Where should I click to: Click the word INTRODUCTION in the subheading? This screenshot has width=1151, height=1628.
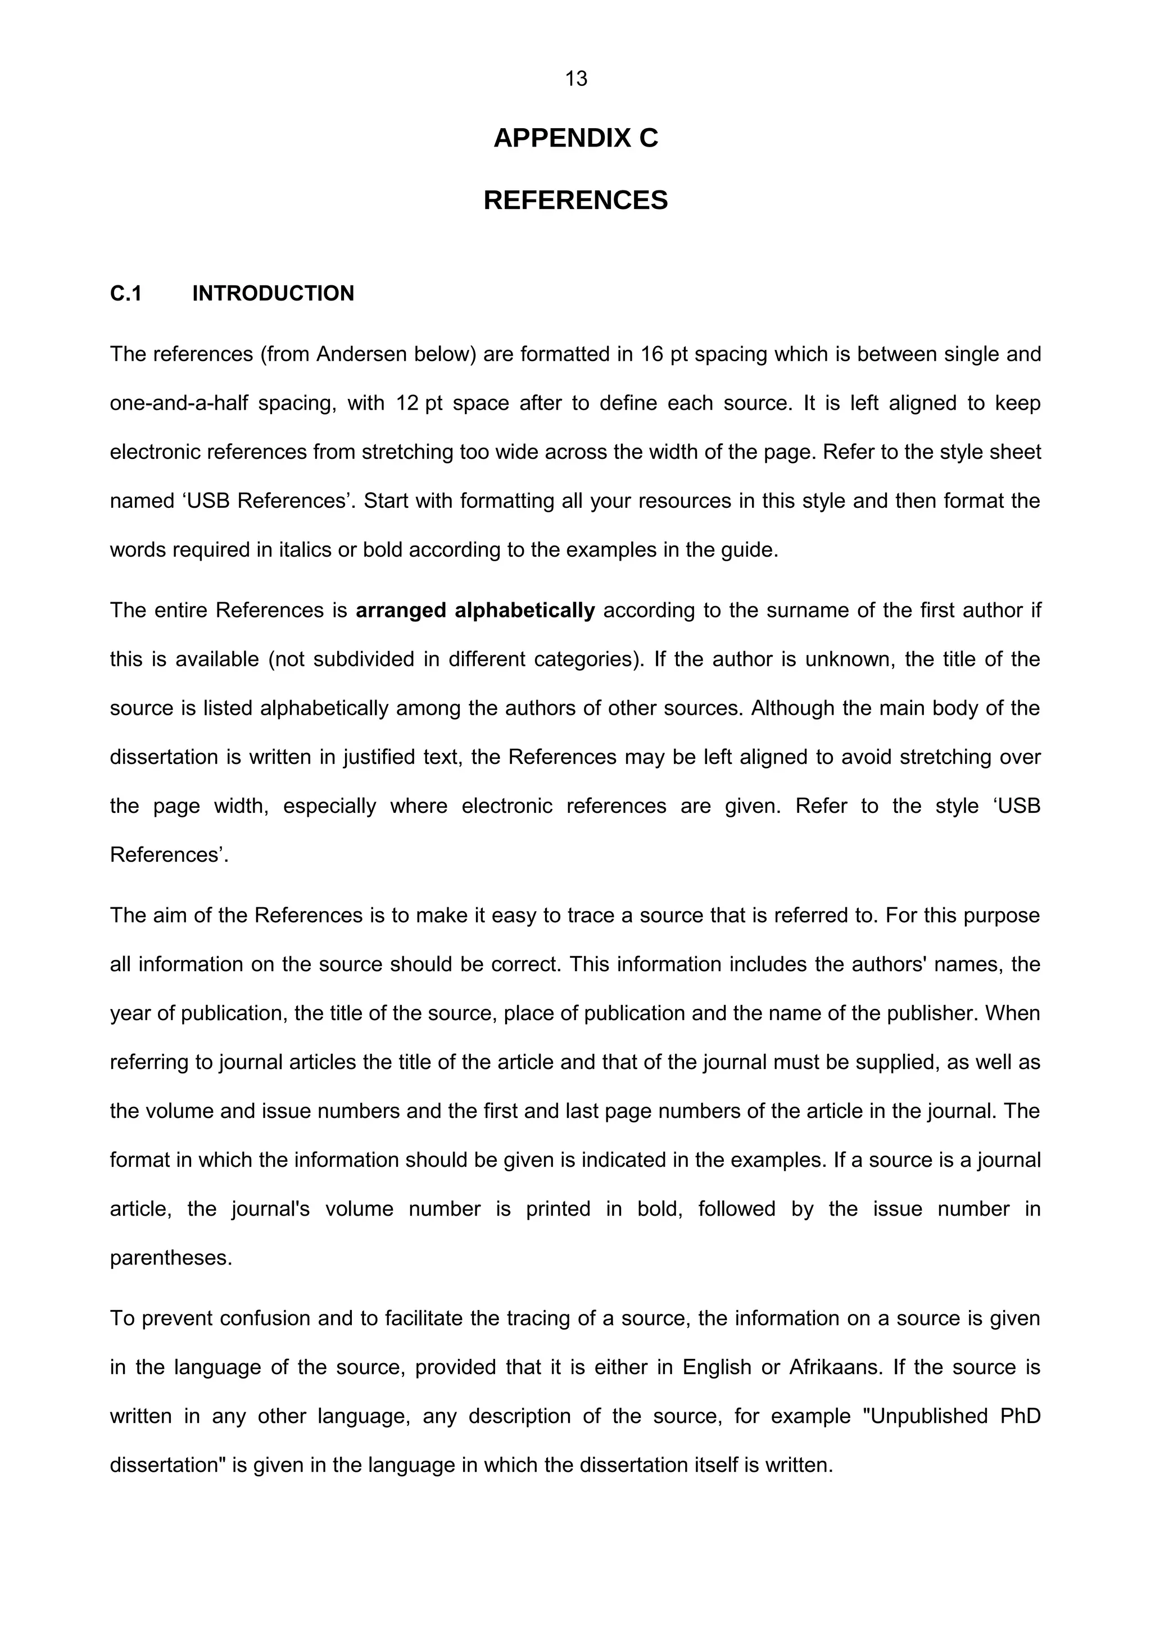pos(273,294)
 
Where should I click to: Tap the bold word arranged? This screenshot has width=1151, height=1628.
pos(401,611)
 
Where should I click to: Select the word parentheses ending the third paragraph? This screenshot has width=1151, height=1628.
pos(170,1258)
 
